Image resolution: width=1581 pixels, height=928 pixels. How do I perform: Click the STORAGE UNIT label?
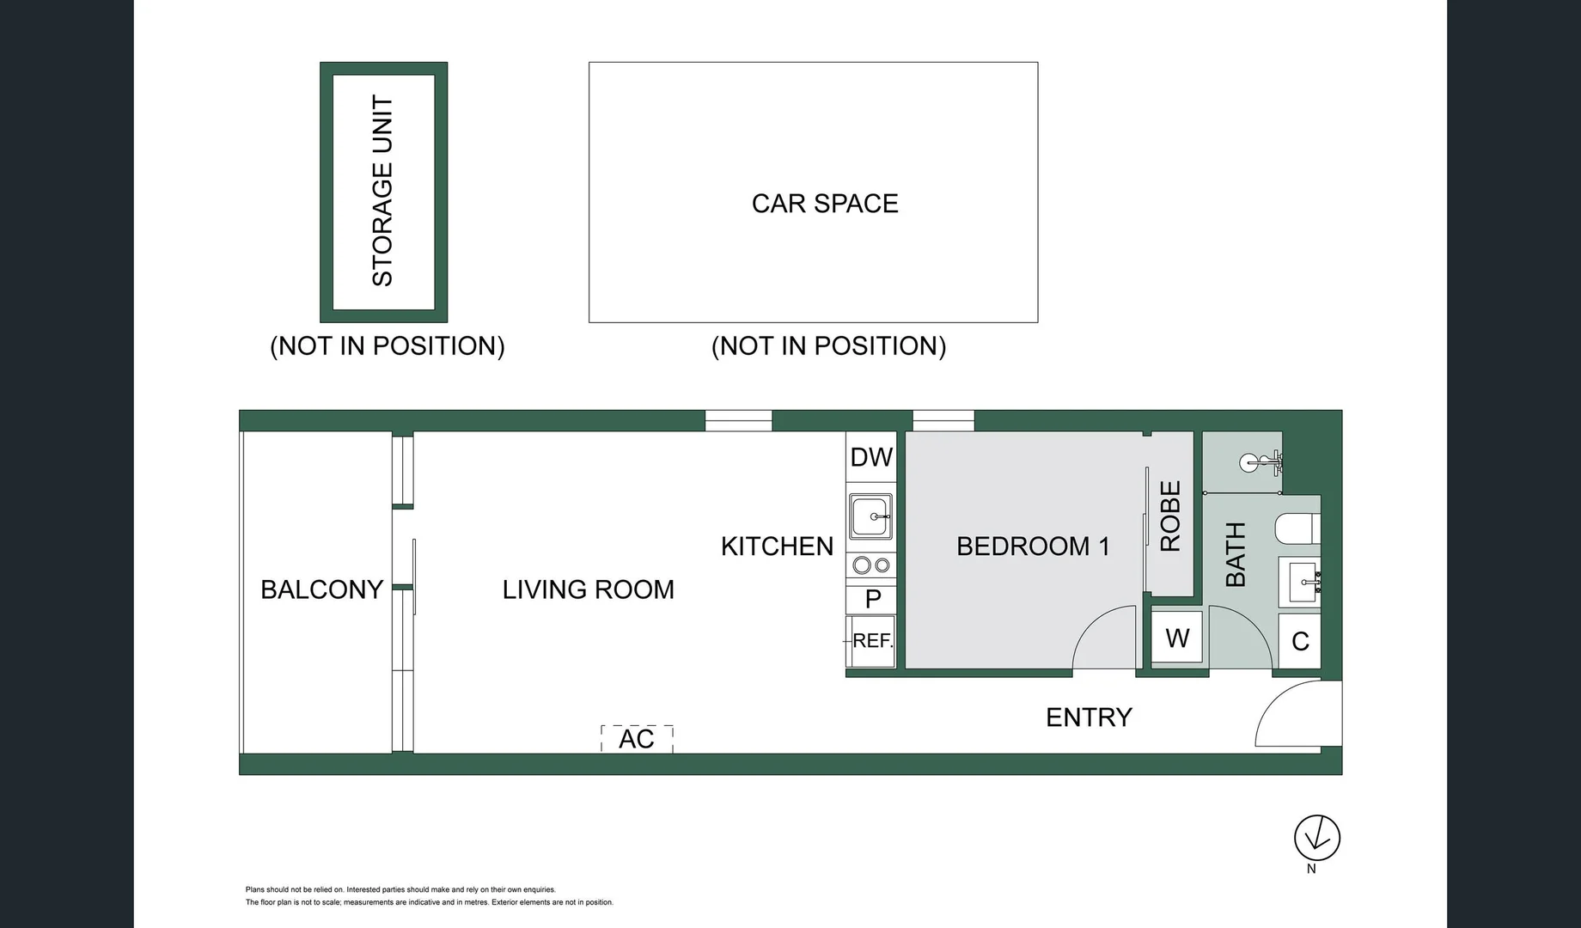(x=382, y=191)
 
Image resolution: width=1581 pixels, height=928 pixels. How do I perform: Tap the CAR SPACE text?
(x=825, y=204)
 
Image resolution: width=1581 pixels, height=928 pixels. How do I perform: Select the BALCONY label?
(x=321, y=589)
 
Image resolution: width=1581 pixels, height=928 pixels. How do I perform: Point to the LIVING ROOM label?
(x=589, y=589)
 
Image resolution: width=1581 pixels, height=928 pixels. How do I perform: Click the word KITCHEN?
(x=777, y=546)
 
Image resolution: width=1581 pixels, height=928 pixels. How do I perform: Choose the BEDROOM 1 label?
(x=1033, y=546)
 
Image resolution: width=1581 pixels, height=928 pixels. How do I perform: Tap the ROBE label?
(x=1170, y=516)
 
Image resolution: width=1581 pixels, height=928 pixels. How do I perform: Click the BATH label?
(x=1235, y=554)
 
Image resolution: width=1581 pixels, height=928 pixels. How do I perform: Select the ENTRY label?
(x=1089, y=717)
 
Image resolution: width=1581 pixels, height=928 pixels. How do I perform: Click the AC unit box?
(x=637, y=739)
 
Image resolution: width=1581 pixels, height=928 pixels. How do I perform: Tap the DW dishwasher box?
(x=871, y=457)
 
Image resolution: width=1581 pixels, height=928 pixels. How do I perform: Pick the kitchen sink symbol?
(x=871, y=516)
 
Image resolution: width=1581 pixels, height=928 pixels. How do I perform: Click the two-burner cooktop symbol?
(x=871, y=565)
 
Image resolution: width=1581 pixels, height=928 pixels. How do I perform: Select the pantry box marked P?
(x=871, y=599)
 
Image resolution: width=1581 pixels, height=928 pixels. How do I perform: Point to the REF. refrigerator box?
(x=871, y=641)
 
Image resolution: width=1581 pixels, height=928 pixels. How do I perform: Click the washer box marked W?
(x=1177, y=637)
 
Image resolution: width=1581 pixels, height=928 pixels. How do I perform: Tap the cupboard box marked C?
(x=1299, y=641)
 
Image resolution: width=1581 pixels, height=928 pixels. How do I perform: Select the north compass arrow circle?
(x=1317, y=838)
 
